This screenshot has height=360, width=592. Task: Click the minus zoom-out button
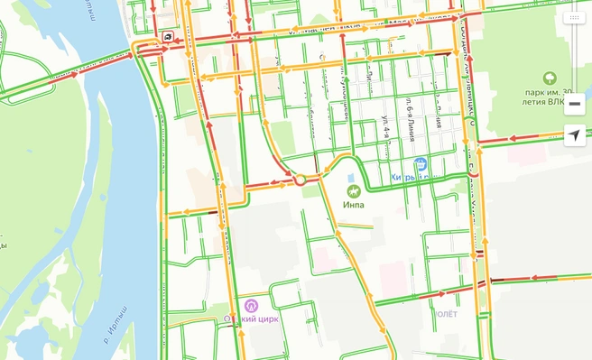pyautogui.click(x=574, y=104)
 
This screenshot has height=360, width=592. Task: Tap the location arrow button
pyautogui.click(x=574, y=136)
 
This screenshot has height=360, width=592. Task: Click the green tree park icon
pyautogui.click(x=550, y=78)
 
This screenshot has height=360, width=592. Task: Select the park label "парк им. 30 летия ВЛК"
pyautogui.click(x=550, y=98)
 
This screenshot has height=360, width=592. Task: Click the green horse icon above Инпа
pyautogui.click(x=354, y=190)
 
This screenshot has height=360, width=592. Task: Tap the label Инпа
pyautogui.click(x=354, y=205)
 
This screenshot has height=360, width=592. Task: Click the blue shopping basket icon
pyautogui.click(x=420, y=164)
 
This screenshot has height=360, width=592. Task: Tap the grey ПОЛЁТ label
pyautogui.click(x=447, y=314)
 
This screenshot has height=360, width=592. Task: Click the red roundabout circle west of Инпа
pyautogui.click(x=300, y=180)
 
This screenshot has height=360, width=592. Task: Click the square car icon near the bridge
pyautogui.click(x=169, y=37)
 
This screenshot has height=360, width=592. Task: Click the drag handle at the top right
pyautogui.click(x=574, y=17)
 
